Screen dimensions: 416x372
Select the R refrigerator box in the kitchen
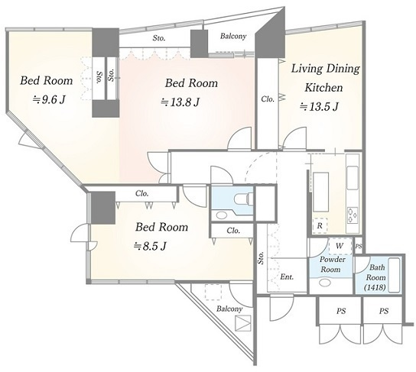320,226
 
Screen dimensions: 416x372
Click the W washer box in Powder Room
340,246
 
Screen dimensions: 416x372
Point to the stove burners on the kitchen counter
353,215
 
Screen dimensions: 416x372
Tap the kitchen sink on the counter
353,178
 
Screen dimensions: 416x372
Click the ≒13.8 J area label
180,102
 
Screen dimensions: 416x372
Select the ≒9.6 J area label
48,99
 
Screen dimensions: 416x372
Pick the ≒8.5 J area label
150,246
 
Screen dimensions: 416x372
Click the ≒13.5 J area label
319,106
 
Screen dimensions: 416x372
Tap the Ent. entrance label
287,277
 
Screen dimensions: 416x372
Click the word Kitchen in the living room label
323,87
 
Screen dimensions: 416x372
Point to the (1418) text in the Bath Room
375,287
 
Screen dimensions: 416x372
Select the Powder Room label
331,264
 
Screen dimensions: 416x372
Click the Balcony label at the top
233,36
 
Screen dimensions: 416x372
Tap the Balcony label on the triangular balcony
229,309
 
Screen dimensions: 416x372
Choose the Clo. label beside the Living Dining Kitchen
268,99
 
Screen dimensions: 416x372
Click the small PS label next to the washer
359,246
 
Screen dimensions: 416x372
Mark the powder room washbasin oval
325,283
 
